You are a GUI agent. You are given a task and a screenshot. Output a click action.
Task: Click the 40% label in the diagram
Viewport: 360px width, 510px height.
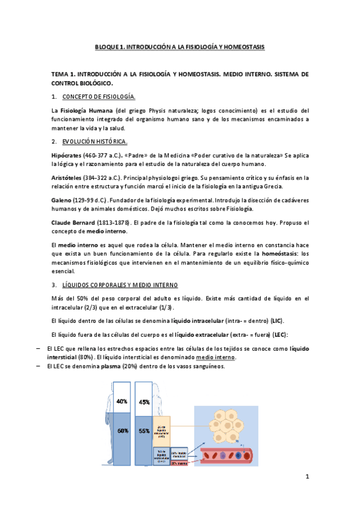click(x=121, y=384)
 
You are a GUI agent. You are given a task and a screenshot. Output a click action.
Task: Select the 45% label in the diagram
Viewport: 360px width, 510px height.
click(x=144, y=386)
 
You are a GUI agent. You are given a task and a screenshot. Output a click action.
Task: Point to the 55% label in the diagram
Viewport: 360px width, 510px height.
click(x=144, y=431)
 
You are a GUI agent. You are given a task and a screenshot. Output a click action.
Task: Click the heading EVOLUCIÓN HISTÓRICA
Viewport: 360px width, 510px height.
click(x=94, y=141)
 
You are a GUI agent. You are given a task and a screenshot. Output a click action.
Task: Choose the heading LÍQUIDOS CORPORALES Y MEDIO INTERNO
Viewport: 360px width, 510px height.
click(x=120, y=284)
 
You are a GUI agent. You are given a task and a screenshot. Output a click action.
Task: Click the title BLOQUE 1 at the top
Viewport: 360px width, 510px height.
click(x=180, y=46)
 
